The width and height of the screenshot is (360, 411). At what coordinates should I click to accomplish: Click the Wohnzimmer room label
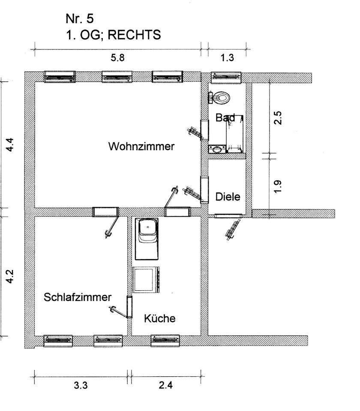coord(141,146)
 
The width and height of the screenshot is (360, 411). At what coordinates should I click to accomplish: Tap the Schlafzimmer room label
coord(78,298)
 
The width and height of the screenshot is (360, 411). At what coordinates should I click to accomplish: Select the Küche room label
coord(159,319)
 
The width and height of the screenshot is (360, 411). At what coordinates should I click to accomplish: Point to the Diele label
coord(228,197)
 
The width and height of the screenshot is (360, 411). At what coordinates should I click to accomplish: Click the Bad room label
coord(225,118)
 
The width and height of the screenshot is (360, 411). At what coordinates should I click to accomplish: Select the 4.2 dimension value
coord(14,276)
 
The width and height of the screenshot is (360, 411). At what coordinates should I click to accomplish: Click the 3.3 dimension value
coord(81,385)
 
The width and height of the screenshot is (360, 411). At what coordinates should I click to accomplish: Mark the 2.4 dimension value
coord(165,385)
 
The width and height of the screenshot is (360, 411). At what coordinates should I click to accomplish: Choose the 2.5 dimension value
coord(278,118)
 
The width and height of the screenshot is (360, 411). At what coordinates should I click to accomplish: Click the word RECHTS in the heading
coord(134,35)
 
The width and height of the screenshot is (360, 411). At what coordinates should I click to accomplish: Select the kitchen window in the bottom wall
coord(165,341)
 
